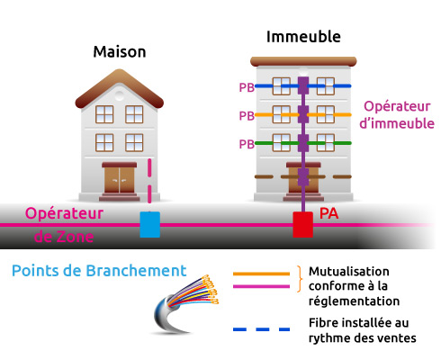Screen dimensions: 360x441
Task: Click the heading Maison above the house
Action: click(120, 51)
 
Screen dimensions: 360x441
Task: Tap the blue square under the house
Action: click(150, 224)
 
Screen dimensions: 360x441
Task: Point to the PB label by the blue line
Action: click(246, 88)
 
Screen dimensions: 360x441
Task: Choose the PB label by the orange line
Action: click(246, 116)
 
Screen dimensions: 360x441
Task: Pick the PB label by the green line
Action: click(246, 144)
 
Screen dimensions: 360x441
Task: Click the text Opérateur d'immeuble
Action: click(397, 113)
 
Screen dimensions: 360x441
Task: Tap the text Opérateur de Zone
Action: click(63, 225)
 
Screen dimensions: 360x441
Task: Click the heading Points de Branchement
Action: click(100, 270)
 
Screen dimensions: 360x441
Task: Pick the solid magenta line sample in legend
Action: click(261, 285)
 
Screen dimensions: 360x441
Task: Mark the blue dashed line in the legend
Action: click(261, 329)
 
